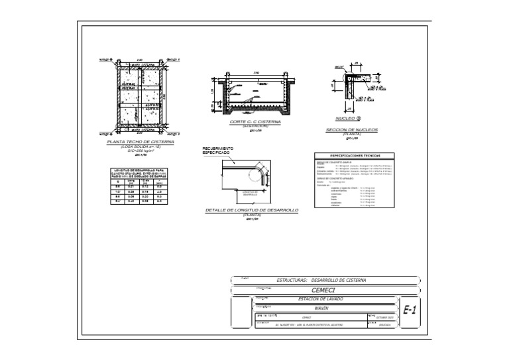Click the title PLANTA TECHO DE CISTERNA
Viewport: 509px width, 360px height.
(140, 142)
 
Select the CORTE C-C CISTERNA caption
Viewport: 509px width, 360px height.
(255, 123)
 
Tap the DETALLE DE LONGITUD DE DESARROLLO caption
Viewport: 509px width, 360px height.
(252, 210)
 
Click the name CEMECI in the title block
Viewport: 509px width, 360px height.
(324, 290)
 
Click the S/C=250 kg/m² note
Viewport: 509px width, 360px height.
(140, 150)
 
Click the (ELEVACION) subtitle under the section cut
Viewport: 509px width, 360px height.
(255, 127)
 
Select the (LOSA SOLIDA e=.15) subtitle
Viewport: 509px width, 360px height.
(140, 147)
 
